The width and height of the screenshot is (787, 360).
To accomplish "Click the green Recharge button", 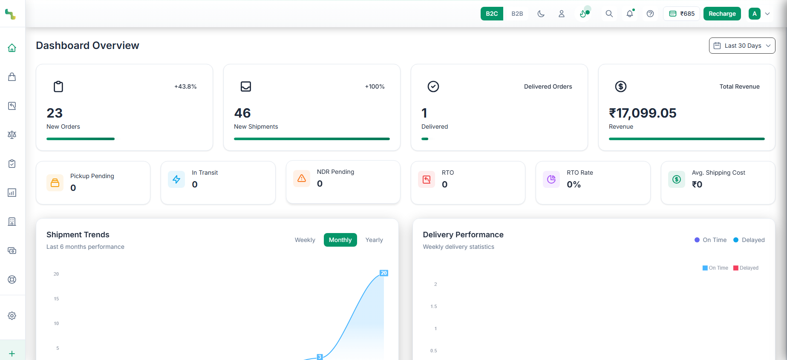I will coord(722,14).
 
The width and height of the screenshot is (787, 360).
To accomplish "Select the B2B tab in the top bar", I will coord(517,14).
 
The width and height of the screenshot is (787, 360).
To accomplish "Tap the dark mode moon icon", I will coord(541,14).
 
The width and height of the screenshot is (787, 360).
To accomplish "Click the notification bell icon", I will coord(629,14).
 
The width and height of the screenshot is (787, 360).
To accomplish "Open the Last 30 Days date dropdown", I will coord(742,46).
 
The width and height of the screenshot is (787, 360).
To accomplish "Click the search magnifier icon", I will coord(609,14).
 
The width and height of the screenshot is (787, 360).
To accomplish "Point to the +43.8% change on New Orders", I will coord(185,86).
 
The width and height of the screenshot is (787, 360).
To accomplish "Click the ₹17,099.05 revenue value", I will coord(643,113).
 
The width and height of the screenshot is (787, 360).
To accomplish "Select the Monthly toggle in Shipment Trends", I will coord(340,240).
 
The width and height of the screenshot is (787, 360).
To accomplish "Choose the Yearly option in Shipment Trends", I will coord(374,240).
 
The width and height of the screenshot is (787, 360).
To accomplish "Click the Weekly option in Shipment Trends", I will coord(305,240).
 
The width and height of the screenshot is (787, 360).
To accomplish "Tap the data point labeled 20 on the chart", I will coord(383,273).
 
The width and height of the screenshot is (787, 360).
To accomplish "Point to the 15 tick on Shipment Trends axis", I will coord(56,299).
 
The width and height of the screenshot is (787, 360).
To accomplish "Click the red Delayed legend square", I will coord(735,268).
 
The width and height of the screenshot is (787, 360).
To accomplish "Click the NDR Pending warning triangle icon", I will coord(302,178).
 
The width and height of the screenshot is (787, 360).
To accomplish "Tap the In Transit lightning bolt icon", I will coord(176,179).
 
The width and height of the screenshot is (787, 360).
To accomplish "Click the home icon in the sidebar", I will coord(12,48).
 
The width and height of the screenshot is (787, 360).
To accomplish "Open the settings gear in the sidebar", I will coord(12,316).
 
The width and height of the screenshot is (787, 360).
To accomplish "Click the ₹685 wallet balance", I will coord(682,14).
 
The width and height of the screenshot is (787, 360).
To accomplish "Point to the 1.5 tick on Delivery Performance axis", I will coord(433,306).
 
